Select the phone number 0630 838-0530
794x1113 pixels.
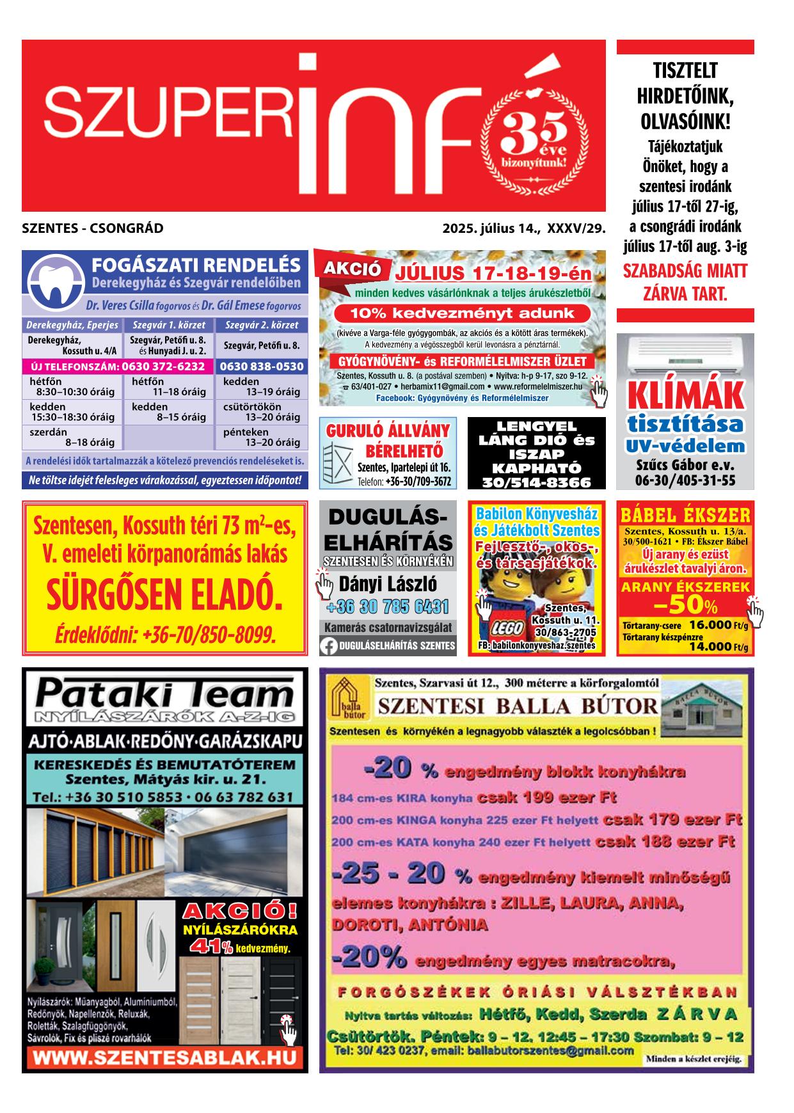[261, 367]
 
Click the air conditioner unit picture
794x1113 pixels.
[685, 354]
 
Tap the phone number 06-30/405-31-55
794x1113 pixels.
[685, 480]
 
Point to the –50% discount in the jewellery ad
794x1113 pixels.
[685, 605]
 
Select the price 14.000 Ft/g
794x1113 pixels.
[718, 646]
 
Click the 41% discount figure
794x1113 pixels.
[207, 947]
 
